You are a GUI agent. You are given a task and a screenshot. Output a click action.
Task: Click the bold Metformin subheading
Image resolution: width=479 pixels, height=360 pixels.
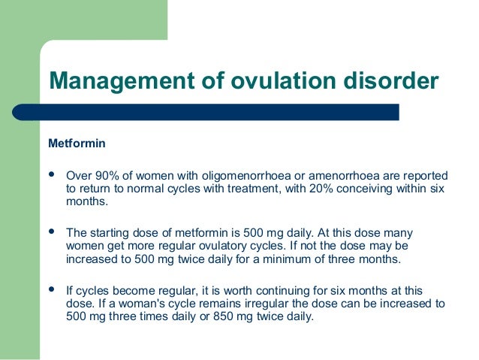tap(77, 143)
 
